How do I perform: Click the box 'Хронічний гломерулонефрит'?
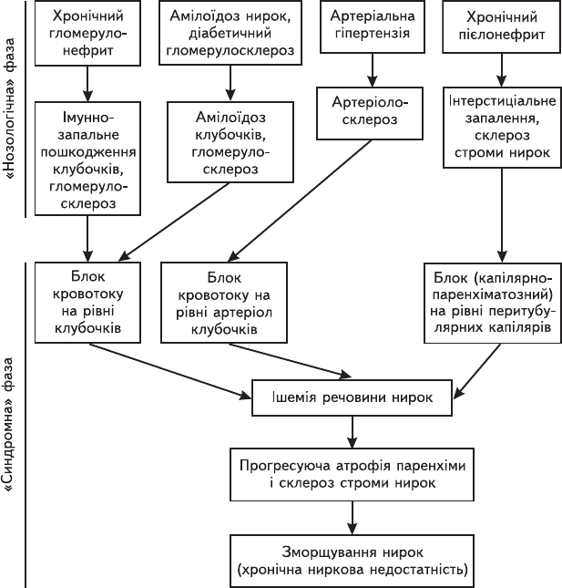point(87,33)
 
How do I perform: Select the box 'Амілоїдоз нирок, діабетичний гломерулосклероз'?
point(230,33)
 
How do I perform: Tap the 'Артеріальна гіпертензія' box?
point(373,26)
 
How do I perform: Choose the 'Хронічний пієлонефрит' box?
point(502,26)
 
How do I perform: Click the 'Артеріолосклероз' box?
point(370,113)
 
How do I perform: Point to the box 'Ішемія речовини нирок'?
point(352,397)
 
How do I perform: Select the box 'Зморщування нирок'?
point(353,561)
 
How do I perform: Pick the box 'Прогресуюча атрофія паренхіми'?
point(353,474)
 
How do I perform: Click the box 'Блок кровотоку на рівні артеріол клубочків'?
point(224,303)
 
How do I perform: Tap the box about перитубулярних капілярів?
point(493,303)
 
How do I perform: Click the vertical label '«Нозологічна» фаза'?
point(10,108)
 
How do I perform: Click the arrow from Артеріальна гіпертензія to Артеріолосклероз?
point(372,70)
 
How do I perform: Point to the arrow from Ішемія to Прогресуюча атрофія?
point(353,432)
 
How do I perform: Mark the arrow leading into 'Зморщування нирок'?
point(353,518)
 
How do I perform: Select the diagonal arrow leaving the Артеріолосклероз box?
point(300,201)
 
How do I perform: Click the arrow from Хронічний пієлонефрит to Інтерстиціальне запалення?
point(501,70)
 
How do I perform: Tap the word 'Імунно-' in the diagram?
point(87,118)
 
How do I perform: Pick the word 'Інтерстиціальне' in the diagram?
point(502,101)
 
